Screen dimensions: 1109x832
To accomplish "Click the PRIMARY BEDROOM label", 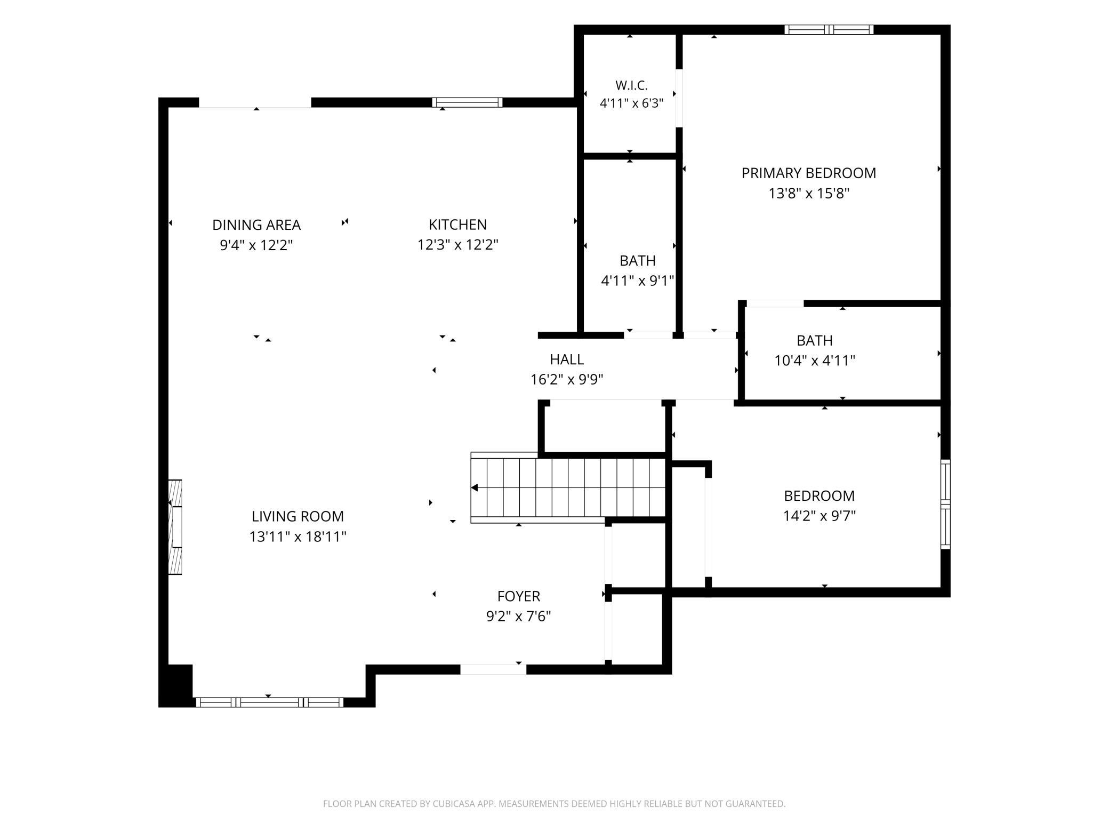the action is [808, 173].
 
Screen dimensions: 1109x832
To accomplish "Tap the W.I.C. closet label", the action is [631, 85].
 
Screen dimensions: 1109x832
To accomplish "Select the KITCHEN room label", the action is [457, 225].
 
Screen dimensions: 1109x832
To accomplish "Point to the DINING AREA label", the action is [256, 225].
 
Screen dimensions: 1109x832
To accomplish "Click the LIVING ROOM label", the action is [298, 516].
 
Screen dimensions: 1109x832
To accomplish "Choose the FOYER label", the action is [518, 596].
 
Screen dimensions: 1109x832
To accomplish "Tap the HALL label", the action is [567, 359].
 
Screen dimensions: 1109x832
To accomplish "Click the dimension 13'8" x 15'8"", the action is [808, 193].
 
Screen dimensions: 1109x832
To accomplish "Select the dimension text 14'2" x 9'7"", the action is [819, 516].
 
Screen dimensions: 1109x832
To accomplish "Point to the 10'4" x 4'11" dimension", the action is [814, 361].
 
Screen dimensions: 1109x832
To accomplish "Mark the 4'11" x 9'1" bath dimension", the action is [638, 281].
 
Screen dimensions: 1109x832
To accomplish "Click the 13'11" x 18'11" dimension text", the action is [298, 537].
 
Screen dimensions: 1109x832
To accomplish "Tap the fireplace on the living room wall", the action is [175, 527].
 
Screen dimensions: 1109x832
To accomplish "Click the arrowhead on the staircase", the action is [475, 487].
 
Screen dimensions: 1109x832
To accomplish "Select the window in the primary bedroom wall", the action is [829, 30].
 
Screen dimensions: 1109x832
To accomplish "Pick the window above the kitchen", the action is [467, 102].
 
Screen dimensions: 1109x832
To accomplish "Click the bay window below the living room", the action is [269, 702].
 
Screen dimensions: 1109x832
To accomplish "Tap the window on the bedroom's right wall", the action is [945, 504].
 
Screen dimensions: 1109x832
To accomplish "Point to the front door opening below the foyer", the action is [493, 669].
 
